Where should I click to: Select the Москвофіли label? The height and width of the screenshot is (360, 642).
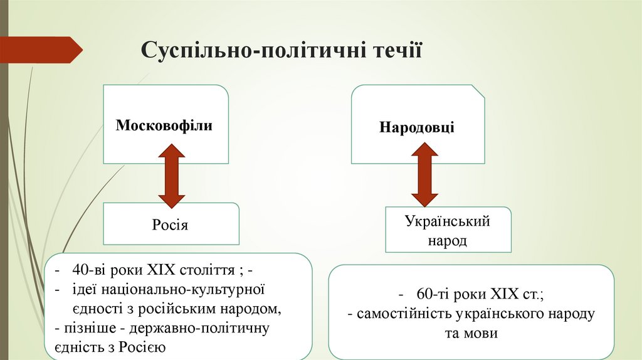[164, 125]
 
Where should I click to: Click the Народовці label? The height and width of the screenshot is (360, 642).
[417, 127]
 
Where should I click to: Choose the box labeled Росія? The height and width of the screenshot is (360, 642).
[171, 224]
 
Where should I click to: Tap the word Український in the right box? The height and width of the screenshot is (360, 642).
[447, 222]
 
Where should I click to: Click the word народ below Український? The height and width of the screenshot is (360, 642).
[447, 241]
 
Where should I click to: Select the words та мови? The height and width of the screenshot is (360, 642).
[471, 333]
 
